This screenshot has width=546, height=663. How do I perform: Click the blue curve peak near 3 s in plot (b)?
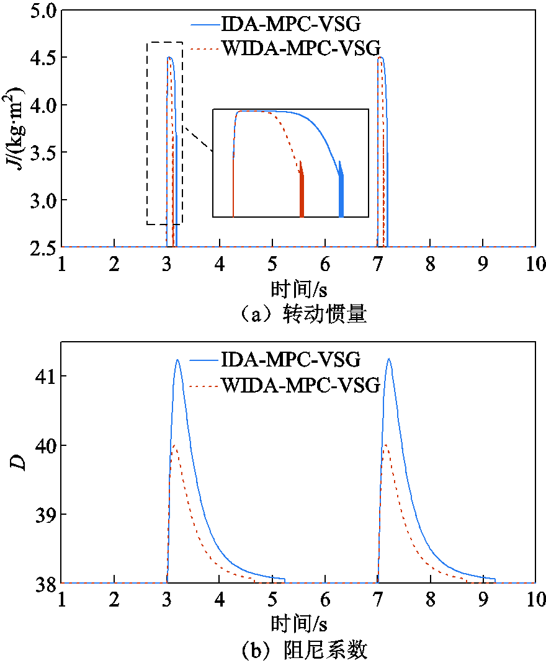pyautogui.click(x=178, y=360)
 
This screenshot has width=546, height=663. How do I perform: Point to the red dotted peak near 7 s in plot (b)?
pyautogui.click(x=386, y=445)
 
